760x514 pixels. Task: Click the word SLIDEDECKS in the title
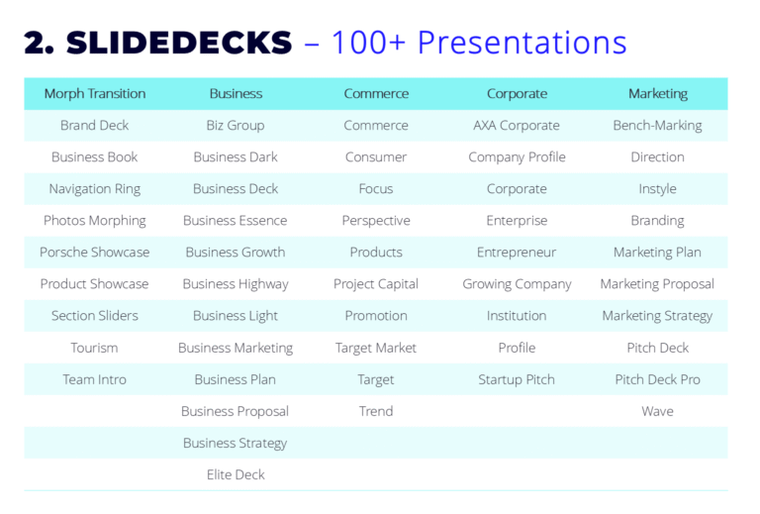point(179,43)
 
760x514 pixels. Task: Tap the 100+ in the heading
point(368,43)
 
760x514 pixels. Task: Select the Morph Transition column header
point(95,93)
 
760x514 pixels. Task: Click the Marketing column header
point(658,93)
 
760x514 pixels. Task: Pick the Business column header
point(236,93)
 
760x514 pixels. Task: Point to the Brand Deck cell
point(95,125)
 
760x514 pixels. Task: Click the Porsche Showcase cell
point(95,253)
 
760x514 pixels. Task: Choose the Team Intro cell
point(95,379)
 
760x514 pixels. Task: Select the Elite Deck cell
point(236,474)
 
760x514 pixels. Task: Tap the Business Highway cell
point(236,284)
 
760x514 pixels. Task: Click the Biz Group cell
point(236,126)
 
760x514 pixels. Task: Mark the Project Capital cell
point(376,284)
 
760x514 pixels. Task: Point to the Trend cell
point(376,411)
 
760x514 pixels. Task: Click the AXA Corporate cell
point(517,126)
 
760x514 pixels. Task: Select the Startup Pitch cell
point(517,379)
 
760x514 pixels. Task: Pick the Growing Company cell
point(517,284)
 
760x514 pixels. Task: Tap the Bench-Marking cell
point(658,126)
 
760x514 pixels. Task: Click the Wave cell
point(658,411)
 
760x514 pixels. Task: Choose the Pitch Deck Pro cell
point(658,379)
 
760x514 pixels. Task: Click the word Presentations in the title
point(522,43)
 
